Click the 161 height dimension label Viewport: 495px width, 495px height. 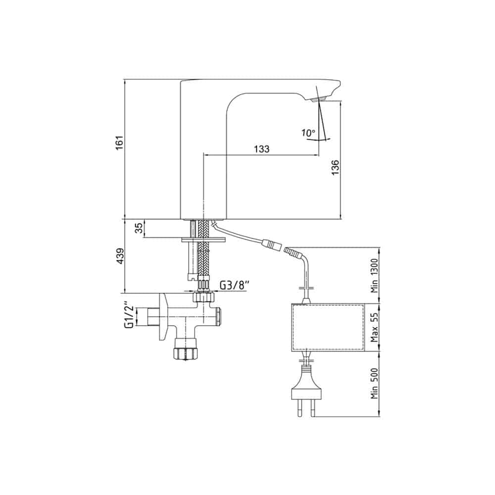[119, 143]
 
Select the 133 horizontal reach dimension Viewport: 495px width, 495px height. [262, 148]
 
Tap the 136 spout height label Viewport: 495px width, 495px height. [335, 167]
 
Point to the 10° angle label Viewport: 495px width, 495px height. [308, 133]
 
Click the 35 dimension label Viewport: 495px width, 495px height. [139, 228]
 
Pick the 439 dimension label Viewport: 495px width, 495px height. [120, 256]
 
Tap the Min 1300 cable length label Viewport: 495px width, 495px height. [374, 276]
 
